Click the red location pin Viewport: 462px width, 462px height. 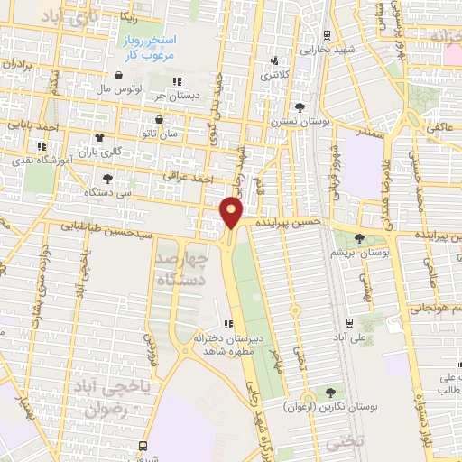pos(232,212)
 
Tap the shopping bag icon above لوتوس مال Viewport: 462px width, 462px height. pos(119,76)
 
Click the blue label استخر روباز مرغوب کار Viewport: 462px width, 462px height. pos(150,48)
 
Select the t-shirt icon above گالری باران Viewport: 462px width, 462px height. pos(97,139)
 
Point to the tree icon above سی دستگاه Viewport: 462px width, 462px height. pos(108,179)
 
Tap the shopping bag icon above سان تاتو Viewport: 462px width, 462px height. pos(160,119)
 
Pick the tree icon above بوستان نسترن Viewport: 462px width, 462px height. pos(299,108)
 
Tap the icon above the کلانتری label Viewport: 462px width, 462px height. pos(275,62)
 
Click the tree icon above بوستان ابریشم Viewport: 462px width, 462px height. pos(360,239)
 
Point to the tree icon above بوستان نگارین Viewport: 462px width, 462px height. pos(329,393)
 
